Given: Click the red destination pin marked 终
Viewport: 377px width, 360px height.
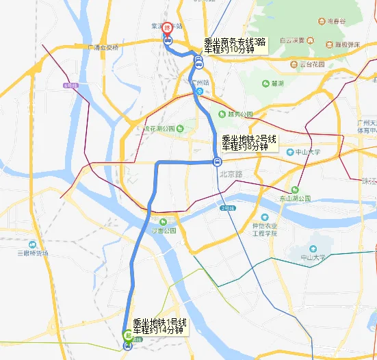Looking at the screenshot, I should click(x=166, y=28).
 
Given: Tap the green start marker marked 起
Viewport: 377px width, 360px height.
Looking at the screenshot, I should click(x=127, y=335).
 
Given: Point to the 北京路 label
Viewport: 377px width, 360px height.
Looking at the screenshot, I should click(x=231, y=173).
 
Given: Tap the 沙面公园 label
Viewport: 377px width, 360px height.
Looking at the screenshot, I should click(x=164, y=231).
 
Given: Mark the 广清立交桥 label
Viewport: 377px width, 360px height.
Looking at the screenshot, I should click(x=104, y=47).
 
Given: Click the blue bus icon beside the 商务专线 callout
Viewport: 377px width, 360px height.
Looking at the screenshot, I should click(x=198, y=64).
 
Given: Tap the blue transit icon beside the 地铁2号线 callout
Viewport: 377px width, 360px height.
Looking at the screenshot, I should click(x=216, y=162).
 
